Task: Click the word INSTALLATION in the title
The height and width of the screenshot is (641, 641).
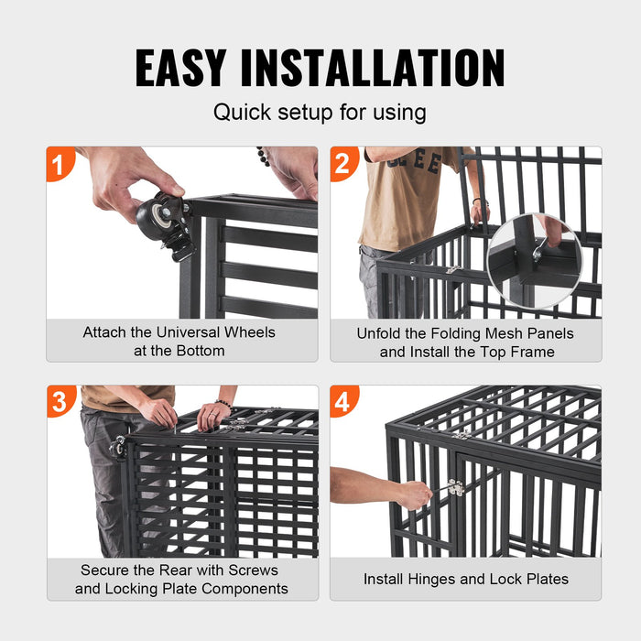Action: point(385,68)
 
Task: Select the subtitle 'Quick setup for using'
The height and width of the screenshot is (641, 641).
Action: point(320,113)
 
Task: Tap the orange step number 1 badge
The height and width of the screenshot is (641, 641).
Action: point(60,165)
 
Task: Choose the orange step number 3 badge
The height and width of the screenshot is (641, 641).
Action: point(60,402)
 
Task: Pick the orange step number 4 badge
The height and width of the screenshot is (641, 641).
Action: point(342,402)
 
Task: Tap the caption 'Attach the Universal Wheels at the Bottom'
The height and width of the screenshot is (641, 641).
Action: point(179,341)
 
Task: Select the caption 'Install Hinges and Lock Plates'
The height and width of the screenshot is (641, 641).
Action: point(465,579)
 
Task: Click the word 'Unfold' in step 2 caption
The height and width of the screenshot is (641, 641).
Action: point(381,333)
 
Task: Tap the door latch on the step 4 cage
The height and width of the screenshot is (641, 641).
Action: point(454,488)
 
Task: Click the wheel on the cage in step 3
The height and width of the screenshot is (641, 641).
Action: point(117,447)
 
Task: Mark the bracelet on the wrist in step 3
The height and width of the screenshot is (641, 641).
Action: point(223,404)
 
